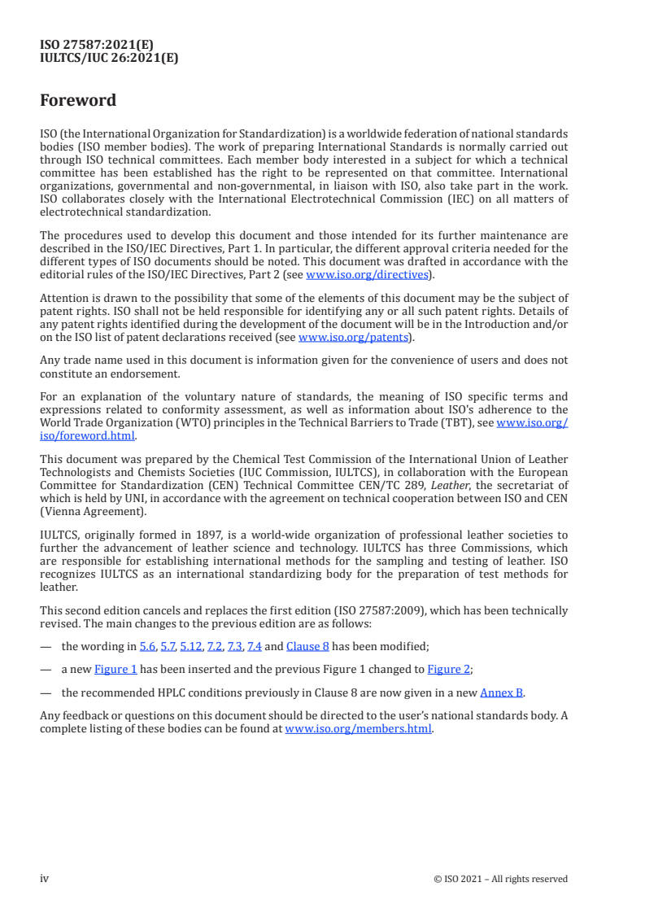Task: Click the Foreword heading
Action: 78,100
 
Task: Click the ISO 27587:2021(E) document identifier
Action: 97,46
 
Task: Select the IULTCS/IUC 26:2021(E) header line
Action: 109,58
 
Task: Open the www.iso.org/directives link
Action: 367,274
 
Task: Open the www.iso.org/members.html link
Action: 359,728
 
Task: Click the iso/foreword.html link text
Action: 87,435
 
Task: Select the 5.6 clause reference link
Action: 147,645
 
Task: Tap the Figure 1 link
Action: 115,669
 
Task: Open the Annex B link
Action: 502,692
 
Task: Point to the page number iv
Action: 45,878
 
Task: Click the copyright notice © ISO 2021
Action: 500,879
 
